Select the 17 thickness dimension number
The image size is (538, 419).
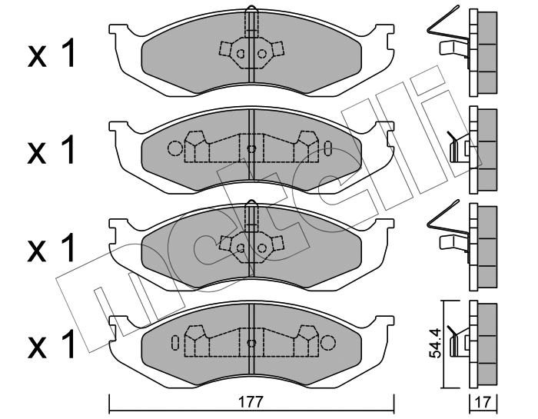(x=483, y=401)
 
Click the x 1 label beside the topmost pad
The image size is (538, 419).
(x=51, y=55)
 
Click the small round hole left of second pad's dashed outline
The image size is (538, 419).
(x=174, y=148)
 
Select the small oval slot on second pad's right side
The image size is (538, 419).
(x=328, y=148)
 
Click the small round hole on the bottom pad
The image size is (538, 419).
(x=328, y=341)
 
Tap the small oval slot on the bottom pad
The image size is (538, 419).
(x=175, y=341)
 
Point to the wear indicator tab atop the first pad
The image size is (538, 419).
(x=251, y=19)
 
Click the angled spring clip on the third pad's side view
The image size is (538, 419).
(x=438, y=219)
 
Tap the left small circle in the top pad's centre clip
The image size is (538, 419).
(x=241, y=54)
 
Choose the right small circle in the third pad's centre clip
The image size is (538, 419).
(x=262, y=247)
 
